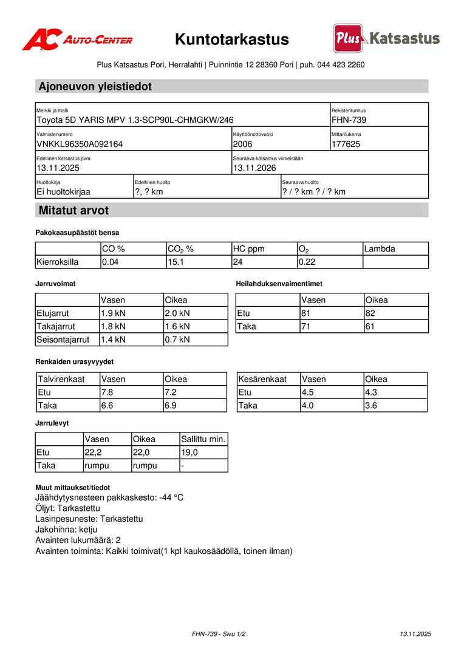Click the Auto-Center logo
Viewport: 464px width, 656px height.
point(77,39)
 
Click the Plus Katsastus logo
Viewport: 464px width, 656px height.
point(386,38)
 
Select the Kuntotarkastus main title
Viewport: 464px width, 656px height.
point(232,39)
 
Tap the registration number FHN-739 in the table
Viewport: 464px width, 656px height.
point(349,120)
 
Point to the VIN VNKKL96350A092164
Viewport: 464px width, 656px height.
point(80,145)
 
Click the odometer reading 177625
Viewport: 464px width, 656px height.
point(346,145)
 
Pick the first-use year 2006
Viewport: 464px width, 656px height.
point(242,145)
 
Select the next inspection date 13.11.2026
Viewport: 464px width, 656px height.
point(254,168)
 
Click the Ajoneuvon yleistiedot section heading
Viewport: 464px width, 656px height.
point(95,86)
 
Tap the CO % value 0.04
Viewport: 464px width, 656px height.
point(111,262)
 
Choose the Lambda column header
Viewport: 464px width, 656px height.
point(380,249)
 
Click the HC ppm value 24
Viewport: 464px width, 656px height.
point(237,262)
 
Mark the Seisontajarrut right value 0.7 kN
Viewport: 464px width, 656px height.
point(177,340)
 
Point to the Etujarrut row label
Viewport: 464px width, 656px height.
point(53,313)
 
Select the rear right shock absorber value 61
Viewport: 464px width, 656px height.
point(370,327)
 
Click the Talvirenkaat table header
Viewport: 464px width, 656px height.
point(61,379)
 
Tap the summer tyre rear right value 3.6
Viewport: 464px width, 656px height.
point(371,406)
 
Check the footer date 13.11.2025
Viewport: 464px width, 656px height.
point(415,634)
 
